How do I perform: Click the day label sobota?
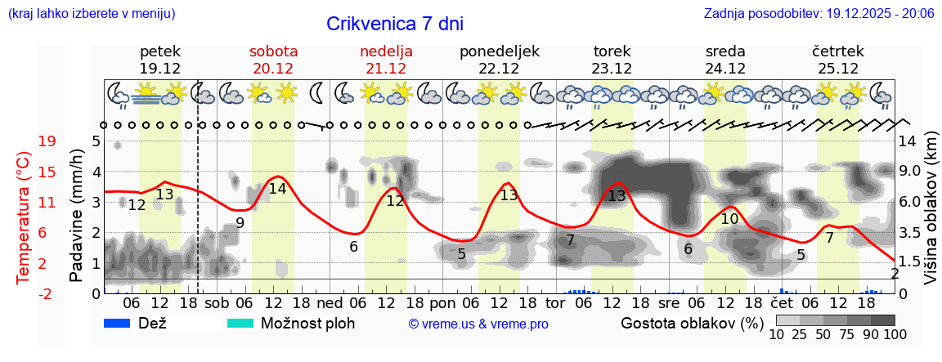273,51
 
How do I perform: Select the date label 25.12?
838,69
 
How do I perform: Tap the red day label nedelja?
386,51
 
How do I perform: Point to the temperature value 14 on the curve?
277,189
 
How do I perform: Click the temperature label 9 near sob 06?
240,222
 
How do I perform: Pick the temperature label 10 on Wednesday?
729,219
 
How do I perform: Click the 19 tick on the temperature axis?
47,141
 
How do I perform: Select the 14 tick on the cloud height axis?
909,141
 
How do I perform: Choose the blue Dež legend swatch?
123,324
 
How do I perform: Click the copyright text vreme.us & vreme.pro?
478,324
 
